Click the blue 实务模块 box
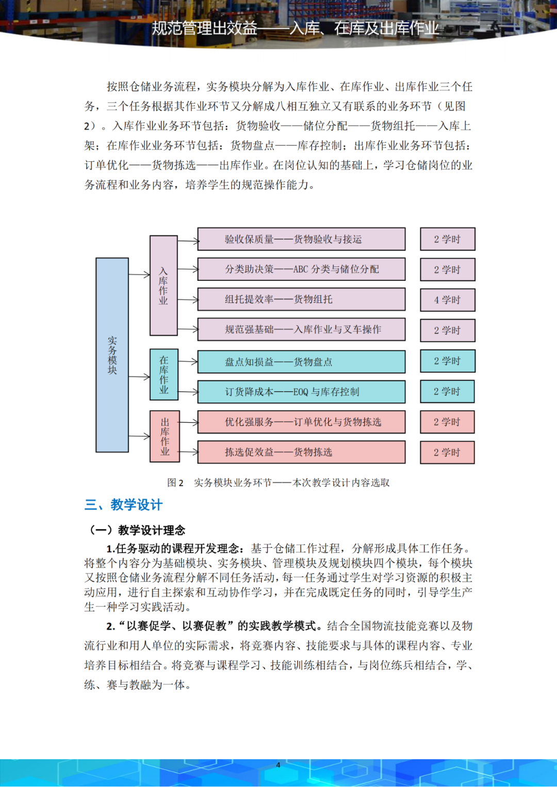[x=112, y=355]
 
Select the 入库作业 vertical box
[x=163, y=286]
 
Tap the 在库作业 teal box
[x=164, y=375]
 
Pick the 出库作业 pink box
[x=165, y=436]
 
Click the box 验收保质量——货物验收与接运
[x=301, y=239]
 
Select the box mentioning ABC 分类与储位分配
[x=301, y=269]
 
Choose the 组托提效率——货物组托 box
[x=301, y=299]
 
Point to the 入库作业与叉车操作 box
[x=301, y=330]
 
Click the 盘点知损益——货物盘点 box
[x=301, y=362]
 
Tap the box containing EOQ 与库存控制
[x=301, y=392]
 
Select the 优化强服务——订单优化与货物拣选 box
[x=301, y=422]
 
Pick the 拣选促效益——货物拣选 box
[x=301, y=452]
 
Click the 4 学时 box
[x=447, y=300]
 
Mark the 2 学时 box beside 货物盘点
[x=447, y=361]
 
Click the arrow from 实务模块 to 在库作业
[x=139, y=377]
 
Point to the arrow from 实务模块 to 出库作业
[x=139, y=436]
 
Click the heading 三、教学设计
[x=124, y=505]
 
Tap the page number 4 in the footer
[x=278, y=765]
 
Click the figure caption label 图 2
[x=175, y=483]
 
